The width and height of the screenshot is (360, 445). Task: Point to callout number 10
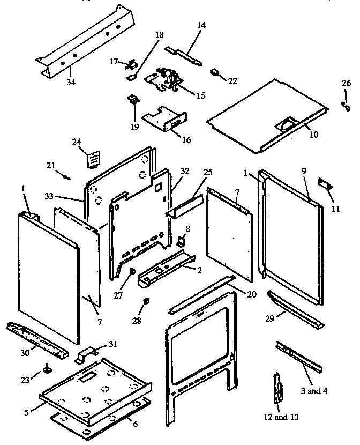pos(314,135)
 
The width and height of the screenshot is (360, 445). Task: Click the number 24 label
pos(77,142)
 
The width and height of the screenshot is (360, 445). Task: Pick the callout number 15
pos(200,96)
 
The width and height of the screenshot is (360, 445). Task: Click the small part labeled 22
pos(216,71)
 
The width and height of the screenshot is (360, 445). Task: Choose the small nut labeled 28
pos(144,304)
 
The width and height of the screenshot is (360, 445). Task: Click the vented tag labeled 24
pos(94,160)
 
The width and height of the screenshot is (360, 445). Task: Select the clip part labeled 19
pos(132,100)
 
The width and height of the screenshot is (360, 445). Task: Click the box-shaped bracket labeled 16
pos(165,121)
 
